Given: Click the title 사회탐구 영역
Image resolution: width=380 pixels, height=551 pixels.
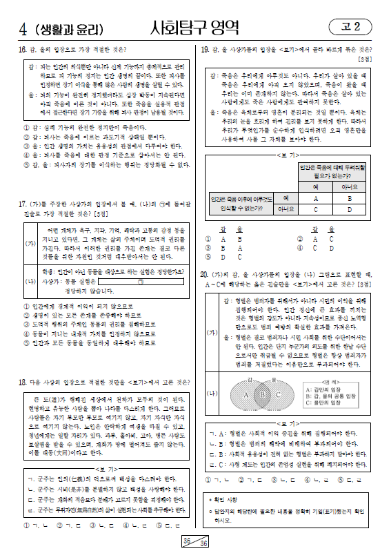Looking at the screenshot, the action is click(x=195, y=28).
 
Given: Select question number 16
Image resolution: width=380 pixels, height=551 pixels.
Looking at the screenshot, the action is click(x=23, y=49).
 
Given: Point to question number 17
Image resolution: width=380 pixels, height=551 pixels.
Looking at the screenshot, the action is click(x=23, y=204).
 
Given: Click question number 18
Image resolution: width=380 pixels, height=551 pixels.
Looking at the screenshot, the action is click(x=23, y=382).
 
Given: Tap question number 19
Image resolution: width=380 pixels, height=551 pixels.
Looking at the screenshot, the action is click(x=205, y=49).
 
